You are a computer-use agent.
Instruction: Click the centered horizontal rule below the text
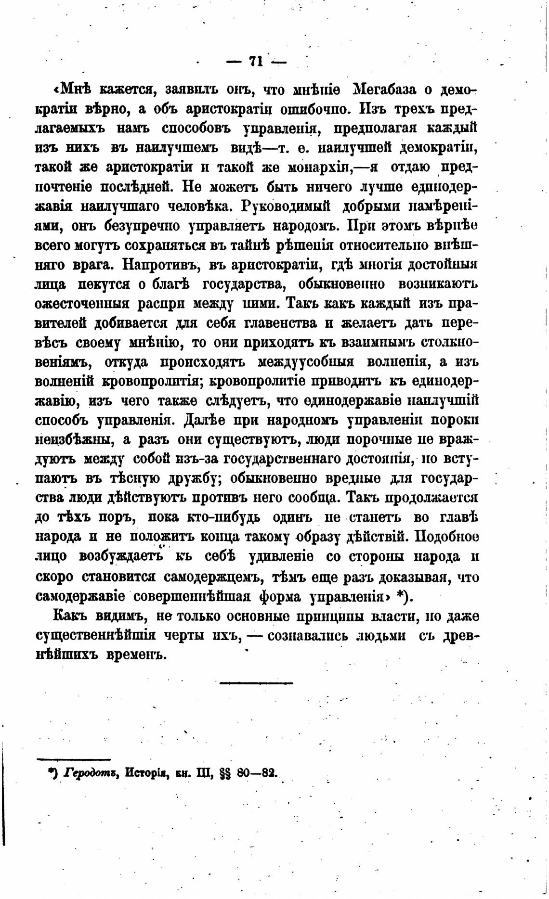point(256,682)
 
